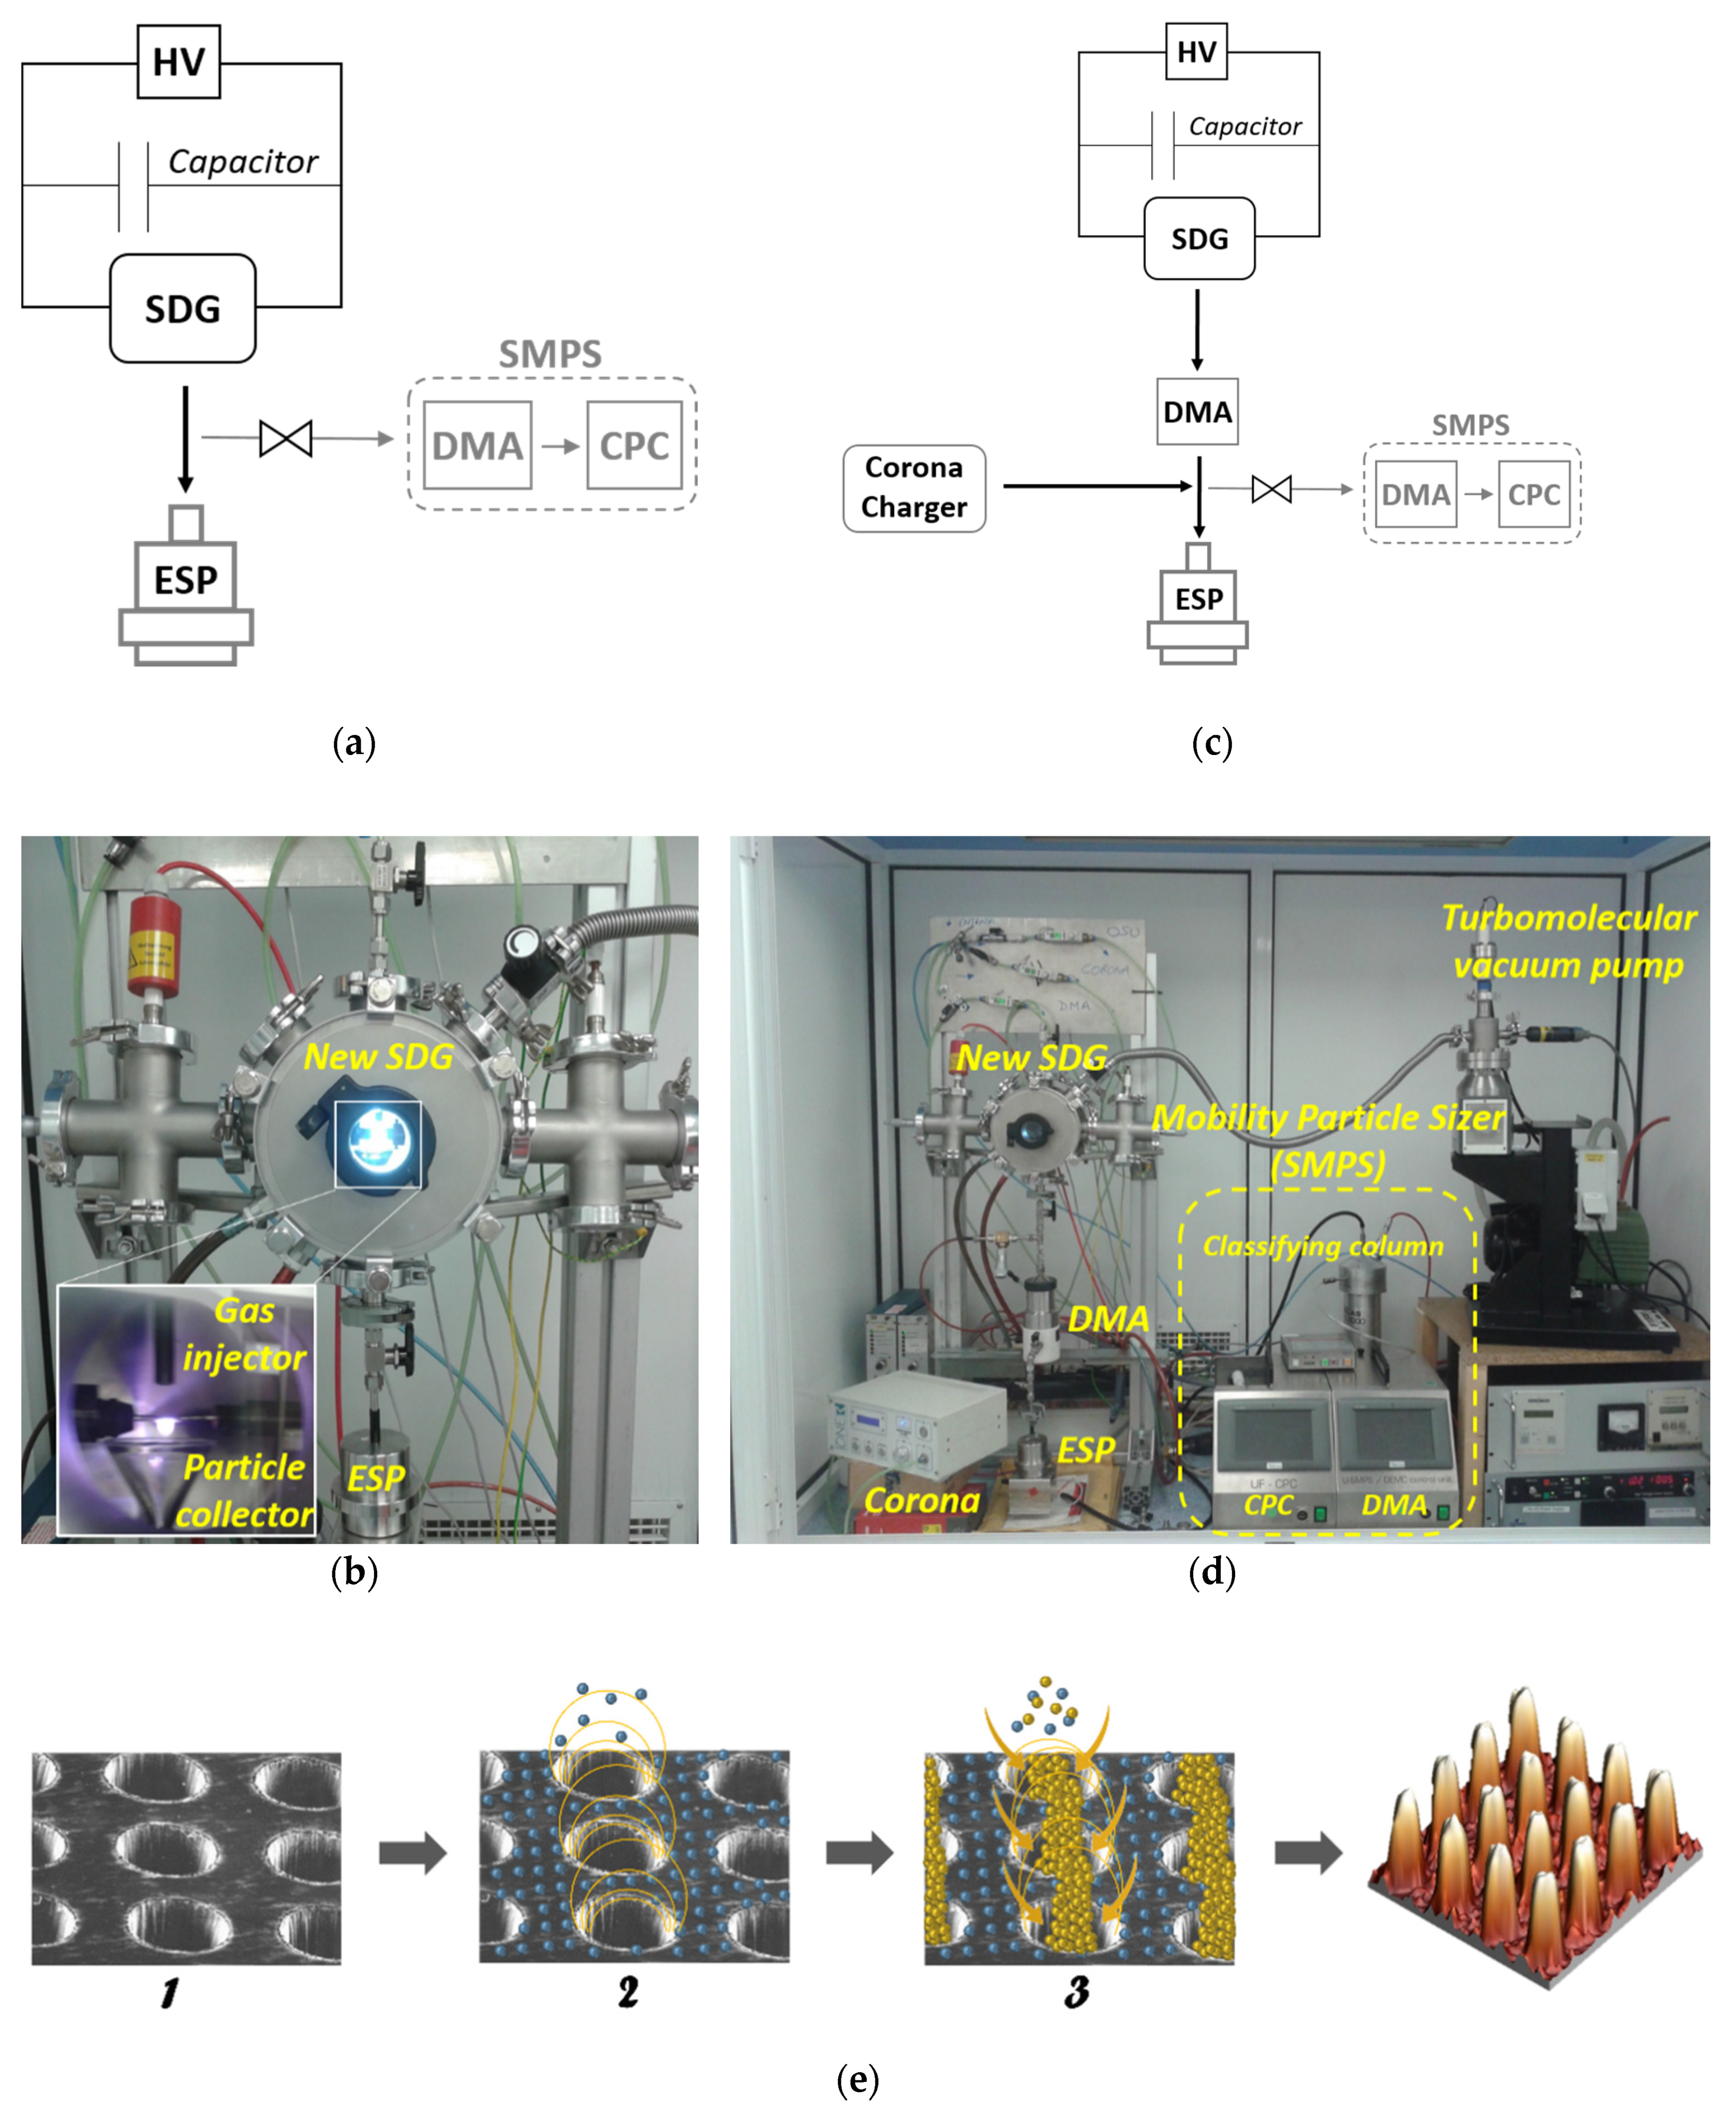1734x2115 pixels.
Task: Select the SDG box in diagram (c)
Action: pos(1198,239)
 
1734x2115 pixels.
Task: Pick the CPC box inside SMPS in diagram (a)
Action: pos(634,446)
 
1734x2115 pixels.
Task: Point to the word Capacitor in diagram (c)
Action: pos(1244,127)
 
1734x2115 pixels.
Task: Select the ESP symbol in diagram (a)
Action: pos(186,584)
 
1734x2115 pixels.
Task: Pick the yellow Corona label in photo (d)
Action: pos(921,1501)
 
